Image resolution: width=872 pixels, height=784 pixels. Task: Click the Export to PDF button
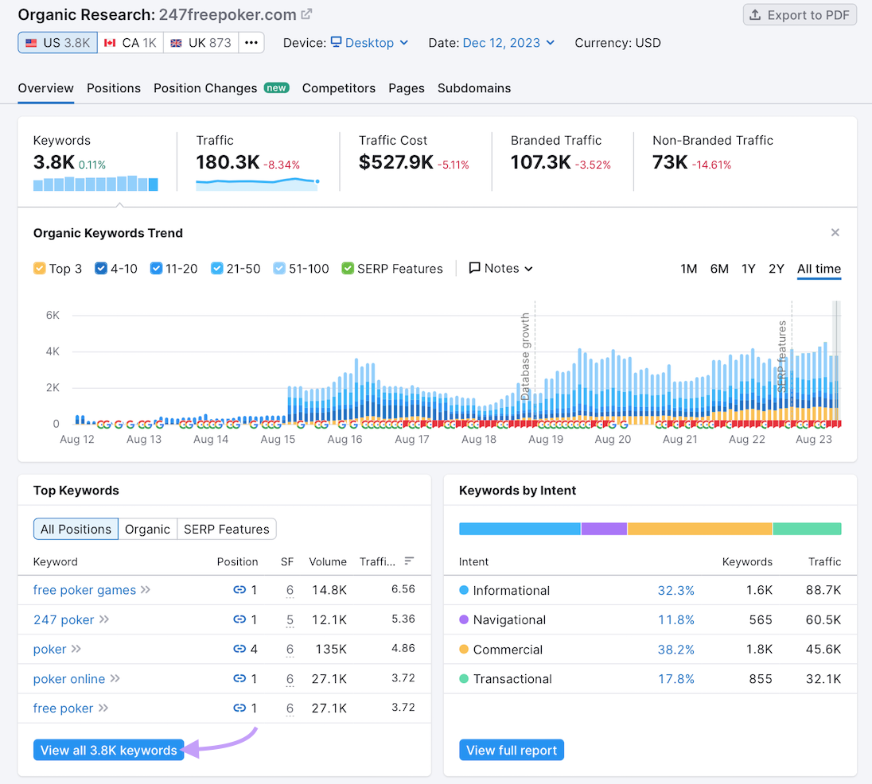coord(800,15)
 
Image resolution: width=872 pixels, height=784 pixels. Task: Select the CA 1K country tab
coord(130,43)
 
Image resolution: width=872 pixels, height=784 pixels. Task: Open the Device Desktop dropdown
coord(369,43)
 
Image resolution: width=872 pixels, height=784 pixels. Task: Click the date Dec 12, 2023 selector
coord(508,43)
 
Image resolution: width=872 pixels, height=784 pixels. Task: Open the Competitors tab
coord(338,88)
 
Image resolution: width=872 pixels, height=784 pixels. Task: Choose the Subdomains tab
coord(474,88)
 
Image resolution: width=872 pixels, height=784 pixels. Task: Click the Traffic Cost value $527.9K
coord(395,163)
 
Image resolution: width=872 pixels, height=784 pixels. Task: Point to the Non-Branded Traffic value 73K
coord(670,163)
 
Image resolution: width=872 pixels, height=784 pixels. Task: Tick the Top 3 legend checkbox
coord(40,269)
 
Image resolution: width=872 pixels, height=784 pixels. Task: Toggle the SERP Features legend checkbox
coord(348,269)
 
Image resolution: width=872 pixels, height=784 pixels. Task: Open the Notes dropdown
coord(501,269)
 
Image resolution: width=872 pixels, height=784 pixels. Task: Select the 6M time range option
coord(719,269)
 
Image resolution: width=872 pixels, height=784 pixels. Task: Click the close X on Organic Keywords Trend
coord(835,233)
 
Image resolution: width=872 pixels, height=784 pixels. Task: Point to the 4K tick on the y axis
coord(53,351)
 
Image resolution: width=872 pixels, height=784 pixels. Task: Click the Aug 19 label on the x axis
coord(546,439)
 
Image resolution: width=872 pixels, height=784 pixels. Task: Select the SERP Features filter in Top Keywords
coord(227,530)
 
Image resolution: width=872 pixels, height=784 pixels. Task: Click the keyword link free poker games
coord(84,590)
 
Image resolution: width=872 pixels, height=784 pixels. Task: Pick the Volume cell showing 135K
coord(329,649)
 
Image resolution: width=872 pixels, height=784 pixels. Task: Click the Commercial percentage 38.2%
coord(675,650)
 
